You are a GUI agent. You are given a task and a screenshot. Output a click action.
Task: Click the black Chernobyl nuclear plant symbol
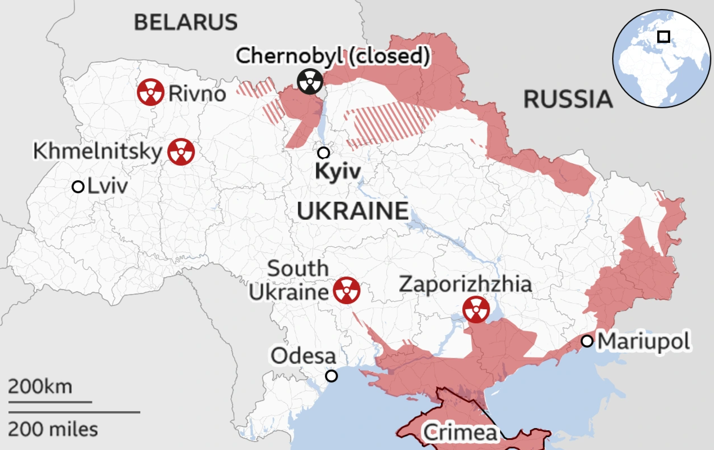pos(310,82)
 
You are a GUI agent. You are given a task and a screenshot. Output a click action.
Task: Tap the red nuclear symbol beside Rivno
pos(150,92)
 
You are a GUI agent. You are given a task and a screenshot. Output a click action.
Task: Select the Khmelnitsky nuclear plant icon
pos(181,152)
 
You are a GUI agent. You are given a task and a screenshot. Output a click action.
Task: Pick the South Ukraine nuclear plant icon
pos(346,291)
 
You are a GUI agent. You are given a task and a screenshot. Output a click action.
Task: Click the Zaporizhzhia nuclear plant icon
pos(476,309)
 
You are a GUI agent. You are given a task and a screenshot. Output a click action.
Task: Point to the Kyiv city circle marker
pos(323,153)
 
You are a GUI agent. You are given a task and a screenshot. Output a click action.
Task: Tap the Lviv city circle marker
pos(78,186)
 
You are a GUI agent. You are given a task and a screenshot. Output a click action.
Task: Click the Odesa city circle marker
pos(332,376)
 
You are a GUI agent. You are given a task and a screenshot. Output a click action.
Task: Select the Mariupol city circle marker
pos(587,341)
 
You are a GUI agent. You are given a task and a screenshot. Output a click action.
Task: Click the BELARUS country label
pos(185,23)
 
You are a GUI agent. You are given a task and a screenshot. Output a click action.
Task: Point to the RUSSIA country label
pos(568,99)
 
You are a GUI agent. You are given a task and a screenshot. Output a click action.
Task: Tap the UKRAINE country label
pos(352,211)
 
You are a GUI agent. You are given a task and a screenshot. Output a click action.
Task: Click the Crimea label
pos(460,433)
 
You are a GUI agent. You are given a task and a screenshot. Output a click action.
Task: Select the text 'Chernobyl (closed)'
pos(333,56)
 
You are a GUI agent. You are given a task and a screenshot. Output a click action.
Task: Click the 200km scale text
pos(40,387)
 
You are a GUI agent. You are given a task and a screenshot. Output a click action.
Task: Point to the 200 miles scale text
pos(53,429)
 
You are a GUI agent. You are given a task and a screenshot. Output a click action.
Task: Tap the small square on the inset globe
pos(664,37)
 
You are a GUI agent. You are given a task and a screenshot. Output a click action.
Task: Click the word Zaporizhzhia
pos(465,284)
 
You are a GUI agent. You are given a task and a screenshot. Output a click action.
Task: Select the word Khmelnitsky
pos(97,152)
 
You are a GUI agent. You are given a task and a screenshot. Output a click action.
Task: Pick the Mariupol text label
pos(643,341)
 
